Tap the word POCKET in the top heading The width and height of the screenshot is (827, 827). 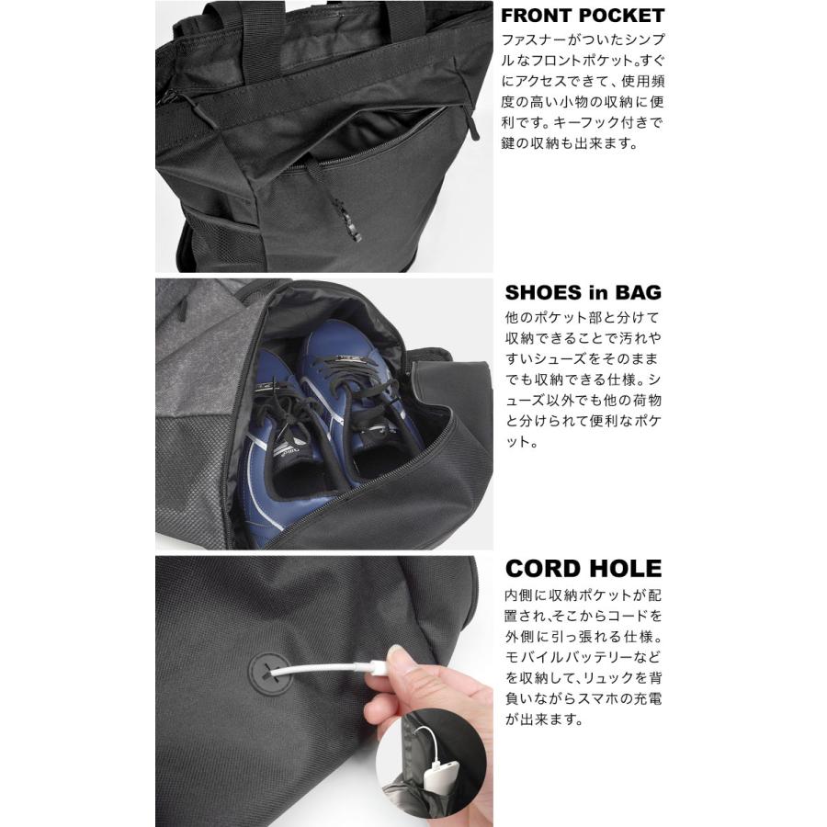pos(629,17)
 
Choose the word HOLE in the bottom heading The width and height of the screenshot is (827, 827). pos(627,569)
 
